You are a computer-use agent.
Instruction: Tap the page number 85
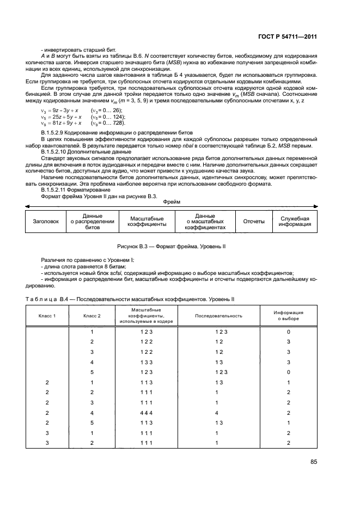pos(313,462)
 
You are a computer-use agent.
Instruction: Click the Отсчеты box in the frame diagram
pos(253,222)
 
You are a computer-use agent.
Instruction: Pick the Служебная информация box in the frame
pos(295,222)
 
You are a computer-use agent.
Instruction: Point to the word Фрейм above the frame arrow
pos(172,201)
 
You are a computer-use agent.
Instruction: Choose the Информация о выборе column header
pos(289,316)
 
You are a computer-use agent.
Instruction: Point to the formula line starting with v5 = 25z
pos(61,117)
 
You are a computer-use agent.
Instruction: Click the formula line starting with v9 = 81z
pos(61,124)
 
